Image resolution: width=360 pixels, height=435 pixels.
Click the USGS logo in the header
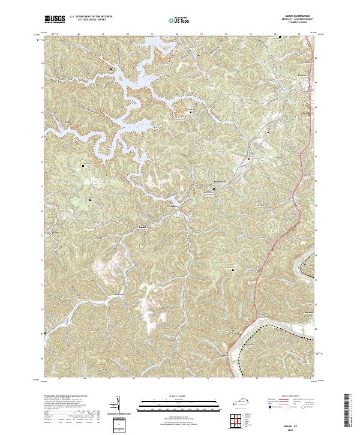55,20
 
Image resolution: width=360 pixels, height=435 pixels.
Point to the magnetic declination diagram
116,406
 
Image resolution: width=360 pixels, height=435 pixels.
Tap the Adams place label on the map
142,227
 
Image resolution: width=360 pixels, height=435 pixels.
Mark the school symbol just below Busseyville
215,191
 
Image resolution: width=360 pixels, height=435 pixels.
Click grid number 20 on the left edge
42,63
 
